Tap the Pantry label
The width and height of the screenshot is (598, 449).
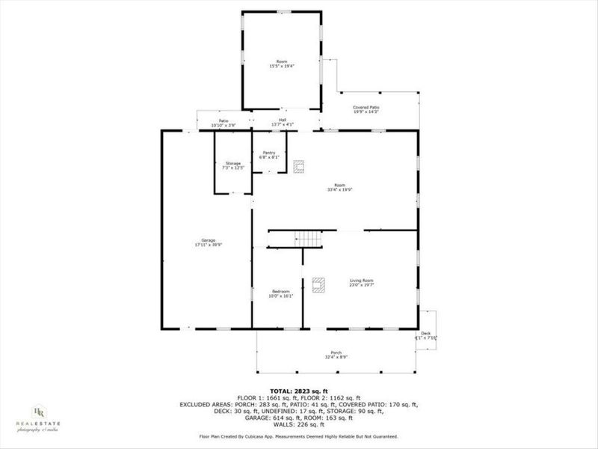(269, 153)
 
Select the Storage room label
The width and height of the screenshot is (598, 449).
(233, 163)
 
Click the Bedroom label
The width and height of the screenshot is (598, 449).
(280, 291)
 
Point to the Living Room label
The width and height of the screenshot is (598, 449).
(361, 281)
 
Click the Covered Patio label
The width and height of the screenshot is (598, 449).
(366, 108)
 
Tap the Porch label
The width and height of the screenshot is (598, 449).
(336, 353)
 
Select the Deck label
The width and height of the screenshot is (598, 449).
(426, 334)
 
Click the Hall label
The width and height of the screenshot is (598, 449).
(283, 119)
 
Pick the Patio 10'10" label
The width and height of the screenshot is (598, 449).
(223, 120)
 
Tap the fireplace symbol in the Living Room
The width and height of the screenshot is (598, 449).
(320, 285)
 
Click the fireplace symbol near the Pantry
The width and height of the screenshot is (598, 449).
(299, 166)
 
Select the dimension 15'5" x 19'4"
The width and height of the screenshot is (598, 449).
(282, 67)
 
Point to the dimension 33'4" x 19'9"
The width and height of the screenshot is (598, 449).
(339, 190)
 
